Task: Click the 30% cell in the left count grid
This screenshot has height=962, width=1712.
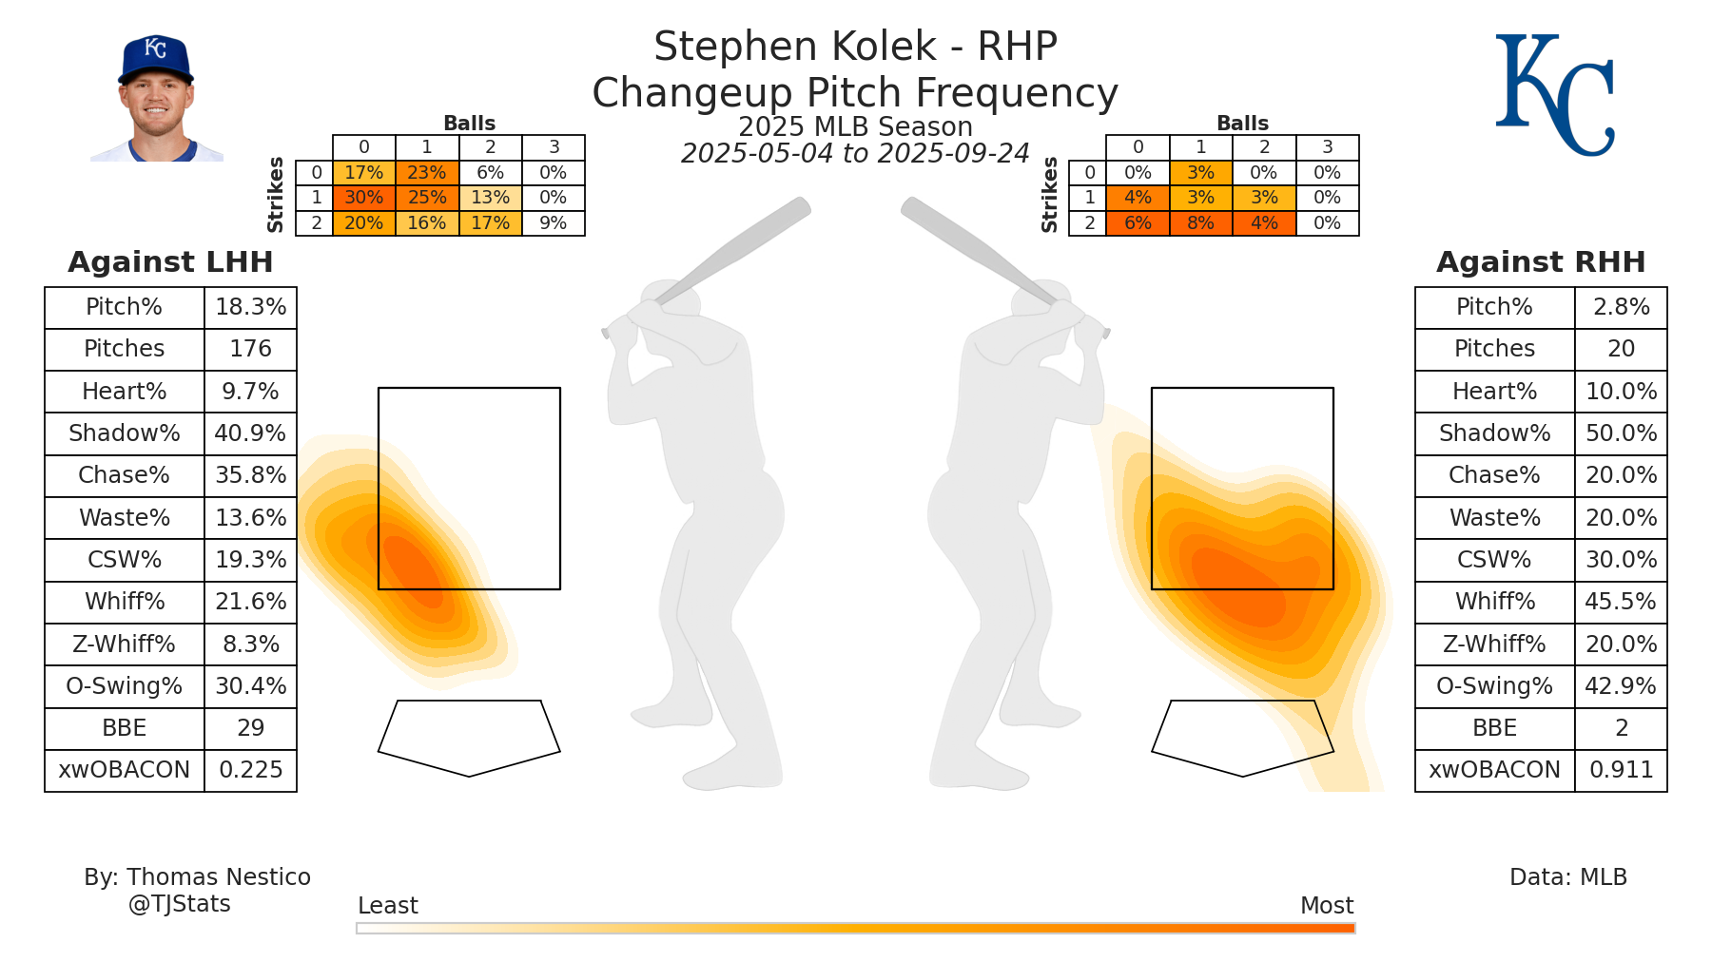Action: pyautogui.click(x=363, y=198)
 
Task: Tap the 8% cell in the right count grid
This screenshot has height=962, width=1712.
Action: pyautogui.click(x=1200, y=223)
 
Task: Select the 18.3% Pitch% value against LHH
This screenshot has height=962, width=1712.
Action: pyautogui.click(x=250, y=307)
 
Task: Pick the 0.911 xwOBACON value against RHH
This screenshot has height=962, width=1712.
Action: pyautogui.click(x=1621, y=770)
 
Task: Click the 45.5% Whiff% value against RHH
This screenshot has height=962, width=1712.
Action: pyautogui.click(x=1621, y=602)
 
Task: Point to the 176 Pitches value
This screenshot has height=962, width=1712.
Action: pyautogui.click(x=250, y=349)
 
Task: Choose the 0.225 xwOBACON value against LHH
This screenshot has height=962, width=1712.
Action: pyautogui.click(x=250, y=770)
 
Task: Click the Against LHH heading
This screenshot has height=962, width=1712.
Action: pyautogui.click(x=170, y=262)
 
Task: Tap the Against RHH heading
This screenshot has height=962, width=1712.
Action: pyautogui.click(x=1540, y=262)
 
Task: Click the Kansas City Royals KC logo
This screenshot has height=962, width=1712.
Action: pyautogui.click(x=1554, y=95)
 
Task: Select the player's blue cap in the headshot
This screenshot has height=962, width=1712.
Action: pyautogui.click(x=155, y=59)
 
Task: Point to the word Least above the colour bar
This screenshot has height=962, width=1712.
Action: pyautogui.click(x=387, y=906)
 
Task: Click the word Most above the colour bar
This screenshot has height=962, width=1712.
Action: pyautogui.click(x=1326, y=906)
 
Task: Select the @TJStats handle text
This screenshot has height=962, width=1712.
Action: pyautogui.click(x=179, y=904)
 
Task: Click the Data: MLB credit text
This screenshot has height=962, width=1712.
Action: pyautogui.click(x=1567, y=877)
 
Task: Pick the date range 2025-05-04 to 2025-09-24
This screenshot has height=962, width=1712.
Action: pyautogui.click(x=855, y=154)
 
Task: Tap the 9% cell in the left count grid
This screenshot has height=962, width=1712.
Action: pyautogui.click(x=553, y=223)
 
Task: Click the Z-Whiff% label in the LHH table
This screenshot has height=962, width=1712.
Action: pyautogui.click(x=124, y=645)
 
